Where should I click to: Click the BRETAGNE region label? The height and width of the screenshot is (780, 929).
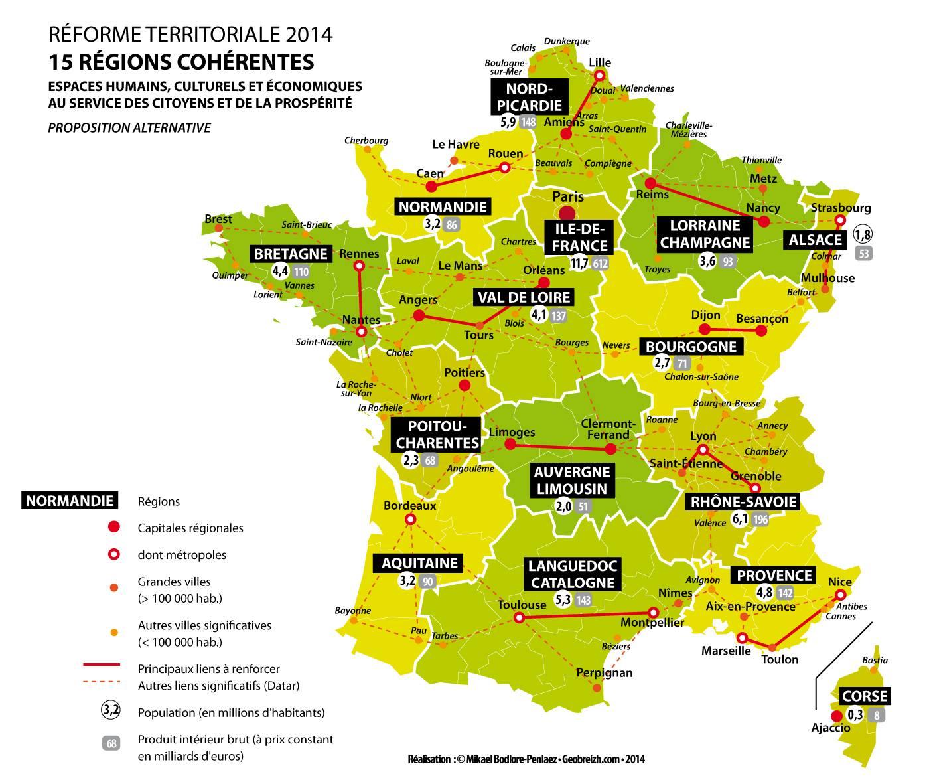pos(291,254)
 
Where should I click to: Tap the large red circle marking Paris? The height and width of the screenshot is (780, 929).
pos(567,213)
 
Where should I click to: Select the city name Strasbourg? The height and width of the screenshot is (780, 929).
pos(840,208)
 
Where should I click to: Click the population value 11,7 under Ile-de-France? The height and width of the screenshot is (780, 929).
pos(579,264)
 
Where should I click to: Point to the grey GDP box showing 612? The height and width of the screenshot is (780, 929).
pos(601,264)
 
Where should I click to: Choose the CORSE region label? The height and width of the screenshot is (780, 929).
pos(864,696)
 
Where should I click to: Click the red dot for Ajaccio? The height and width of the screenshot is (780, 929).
pos(837,716)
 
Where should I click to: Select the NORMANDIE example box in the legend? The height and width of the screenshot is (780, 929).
pos(69,501)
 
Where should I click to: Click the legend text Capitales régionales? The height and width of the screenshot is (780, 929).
pos(190,528)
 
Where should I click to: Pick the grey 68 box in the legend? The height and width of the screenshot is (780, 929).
pos(111,743)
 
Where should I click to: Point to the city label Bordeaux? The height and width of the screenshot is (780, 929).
pos(409,506)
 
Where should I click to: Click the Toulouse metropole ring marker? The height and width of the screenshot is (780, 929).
pos(520,618)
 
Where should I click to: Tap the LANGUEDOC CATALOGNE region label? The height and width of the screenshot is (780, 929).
pos(572,574)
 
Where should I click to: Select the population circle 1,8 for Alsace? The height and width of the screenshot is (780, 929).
pos(863,234)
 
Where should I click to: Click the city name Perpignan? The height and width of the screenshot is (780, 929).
pos(604,672)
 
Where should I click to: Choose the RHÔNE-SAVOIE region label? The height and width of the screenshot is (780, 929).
pos(743,501)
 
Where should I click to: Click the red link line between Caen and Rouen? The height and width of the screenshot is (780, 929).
pos(467,177)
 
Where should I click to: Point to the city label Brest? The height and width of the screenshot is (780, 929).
pos(218,219)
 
